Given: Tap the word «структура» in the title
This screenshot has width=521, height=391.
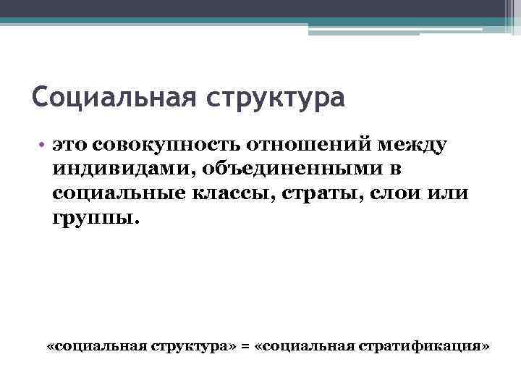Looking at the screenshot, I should click(277, 97).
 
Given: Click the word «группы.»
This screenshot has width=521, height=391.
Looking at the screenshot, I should click(93, 218).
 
